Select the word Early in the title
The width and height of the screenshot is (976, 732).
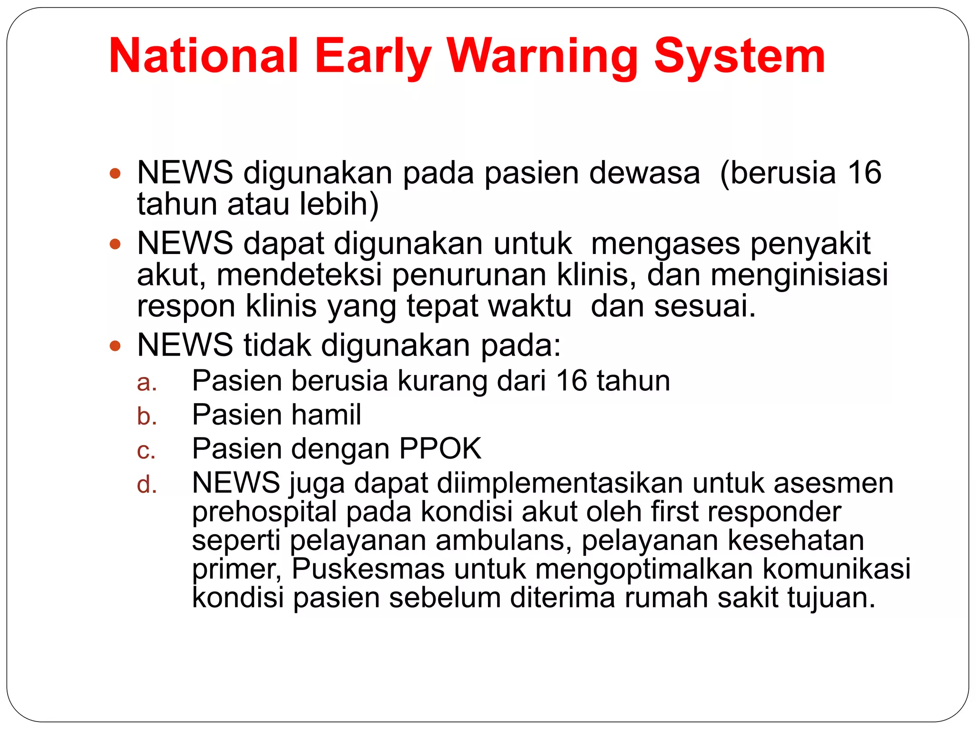[373, 56]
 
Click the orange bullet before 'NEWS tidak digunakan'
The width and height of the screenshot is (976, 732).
[115, 346]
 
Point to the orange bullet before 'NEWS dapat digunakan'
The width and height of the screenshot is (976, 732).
[115, 244]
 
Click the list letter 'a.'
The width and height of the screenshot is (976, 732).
[146, 382]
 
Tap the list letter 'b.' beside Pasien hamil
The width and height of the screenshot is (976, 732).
[146, 416]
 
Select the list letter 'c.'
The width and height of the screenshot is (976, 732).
[146, 450]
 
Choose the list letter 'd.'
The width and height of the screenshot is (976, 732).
[146, 484]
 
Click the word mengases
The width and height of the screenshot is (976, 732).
[665, 244]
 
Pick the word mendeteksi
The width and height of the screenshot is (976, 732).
[299, 275]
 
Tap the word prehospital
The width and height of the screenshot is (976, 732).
[264, 512]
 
